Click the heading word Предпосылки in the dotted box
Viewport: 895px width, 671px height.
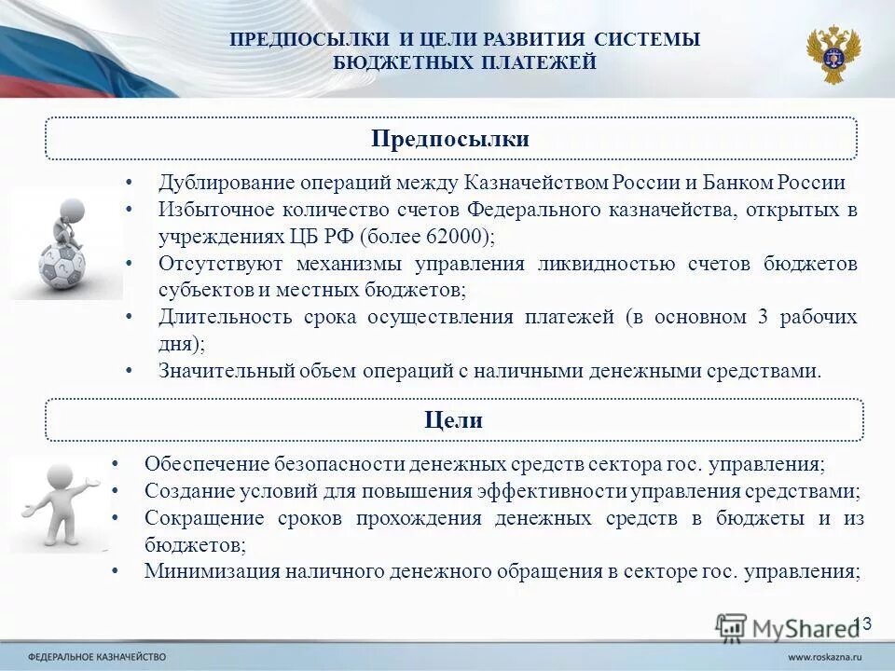tap(450, 139)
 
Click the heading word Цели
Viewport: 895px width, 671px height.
tap(453, 420)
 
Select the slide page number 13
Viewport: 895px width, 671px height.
tap(861, 623)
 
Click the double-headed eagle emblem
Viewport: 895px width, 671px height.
tap(833, 54)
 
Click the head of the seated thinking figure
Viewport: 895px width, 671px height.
tap(72, 210)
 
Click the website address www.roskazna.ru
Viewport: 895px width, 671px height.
tap(826, 656)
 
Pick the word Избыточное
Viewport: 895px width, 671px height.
tap(212, 210)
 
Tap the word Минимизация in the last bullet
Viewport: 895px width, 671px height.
tap(208, 571)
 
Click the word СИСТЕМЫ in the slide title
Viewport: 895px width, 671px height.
tap(654, 39)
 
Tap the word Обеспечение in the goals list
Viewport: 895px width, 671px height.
tap(205, 463)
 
